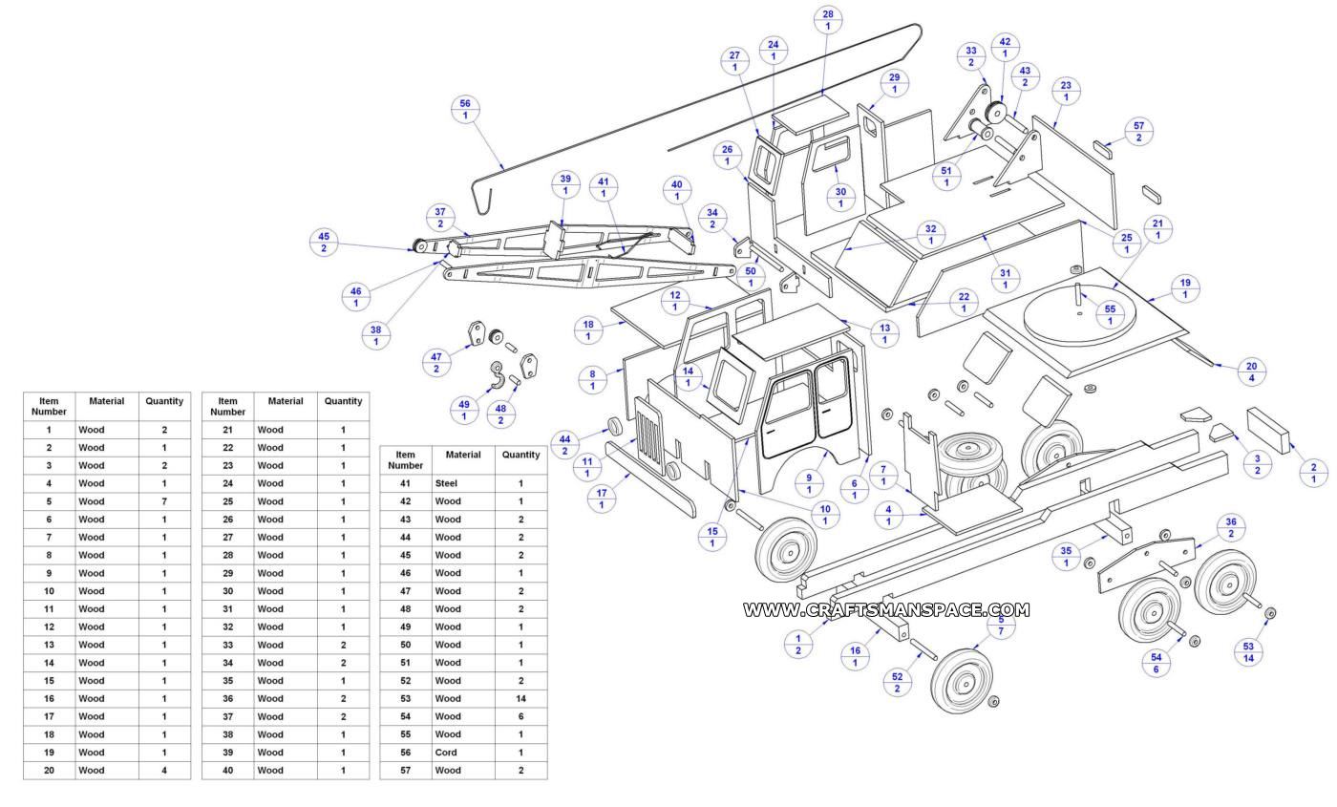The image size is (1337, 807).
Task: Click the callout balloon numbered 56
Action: tap(465, 110)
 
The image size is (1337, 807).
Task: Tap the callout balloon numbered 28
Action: tap(828, 20)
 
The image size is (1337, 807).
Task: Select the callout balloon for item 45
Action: tap(324, 243)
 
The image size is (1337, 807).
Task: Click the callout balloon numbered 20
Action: tap(1251, 372)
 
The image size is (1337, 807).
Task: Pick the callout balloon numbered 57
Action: tap(1138, 132)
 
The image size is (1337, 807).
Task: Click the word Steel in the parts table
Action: tap(447, 483)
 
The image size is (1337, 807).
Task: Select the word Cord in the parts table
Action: tap(446, 753)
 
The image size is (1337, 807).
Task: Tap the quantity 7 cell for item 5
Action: tap(164, 501)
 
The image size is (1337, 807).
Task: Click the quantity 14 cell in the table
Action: tap(520, 698)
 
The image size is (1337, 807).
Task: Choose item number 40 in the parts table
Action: tap(227, 771)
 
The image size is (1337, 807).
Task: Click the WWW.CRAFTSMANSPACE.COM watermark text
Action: tap(886, 609)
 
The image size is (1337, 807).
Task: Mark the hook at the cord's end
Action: tap(485, 199)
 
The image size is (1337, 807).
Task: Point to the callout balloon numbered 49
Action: tap(464, 411)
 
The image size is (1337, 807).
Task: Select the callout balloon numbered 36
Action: tap(1231, 528)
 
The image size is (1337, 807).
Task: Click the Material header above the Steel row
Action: tap(463, 455)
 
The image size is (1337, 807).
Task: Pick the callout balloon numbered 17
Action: tap(602, 499)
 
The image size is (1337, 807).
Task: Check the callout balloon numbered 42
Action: tap(1005, 48)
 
